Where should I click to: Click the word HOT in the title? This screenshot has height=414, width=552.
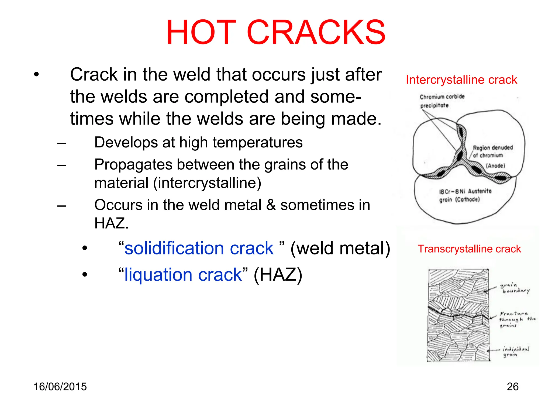(x=201, y=32)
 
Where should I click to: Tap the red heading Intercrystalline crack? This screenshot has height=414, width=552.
(x=461, y=80)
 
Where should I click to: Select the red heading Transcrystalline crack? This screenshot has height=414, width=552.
(x=469, y=249)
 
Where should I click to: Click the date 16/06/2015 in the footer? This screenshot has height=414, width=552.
(x=60, y=387)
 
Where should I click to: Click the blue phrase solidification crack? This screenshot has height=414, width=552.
(x=199, y=248)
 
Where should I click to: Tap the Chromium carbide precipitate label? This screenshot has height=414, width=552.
(x=442, y=101)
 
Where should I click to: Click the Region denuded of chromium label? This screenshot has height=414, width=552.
(x=493, y=151)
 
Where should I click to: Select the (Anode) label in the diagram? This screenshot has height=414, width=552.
(x=495, y=166)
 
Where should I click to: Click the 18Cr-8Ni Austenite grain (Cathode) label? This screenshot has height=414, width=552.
(x=465, y=195)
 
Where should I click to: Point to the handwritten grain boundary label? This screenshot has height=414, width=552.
(x=514, y=288)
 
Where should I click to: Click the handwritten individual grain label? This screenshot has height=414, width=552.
(x=515, y=351)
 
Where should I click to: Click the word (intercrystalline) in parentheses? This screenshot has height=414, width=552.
(x=207, y=183)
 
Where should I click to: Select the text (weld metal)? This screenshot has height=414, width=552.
(x=340, y=248)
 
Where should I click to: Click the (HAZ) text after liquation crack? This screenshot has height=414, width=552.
(x=278, y=275)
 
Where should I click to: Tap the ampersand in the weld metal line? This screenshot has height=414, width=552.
(x=271, y=205)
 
